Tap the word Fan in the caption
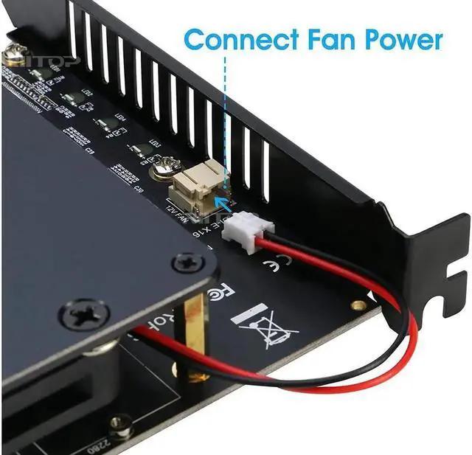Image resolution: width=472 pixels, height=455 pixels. [336, 38]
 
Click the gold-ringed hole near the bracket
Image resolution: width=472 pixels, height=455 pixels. [358, 305]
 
